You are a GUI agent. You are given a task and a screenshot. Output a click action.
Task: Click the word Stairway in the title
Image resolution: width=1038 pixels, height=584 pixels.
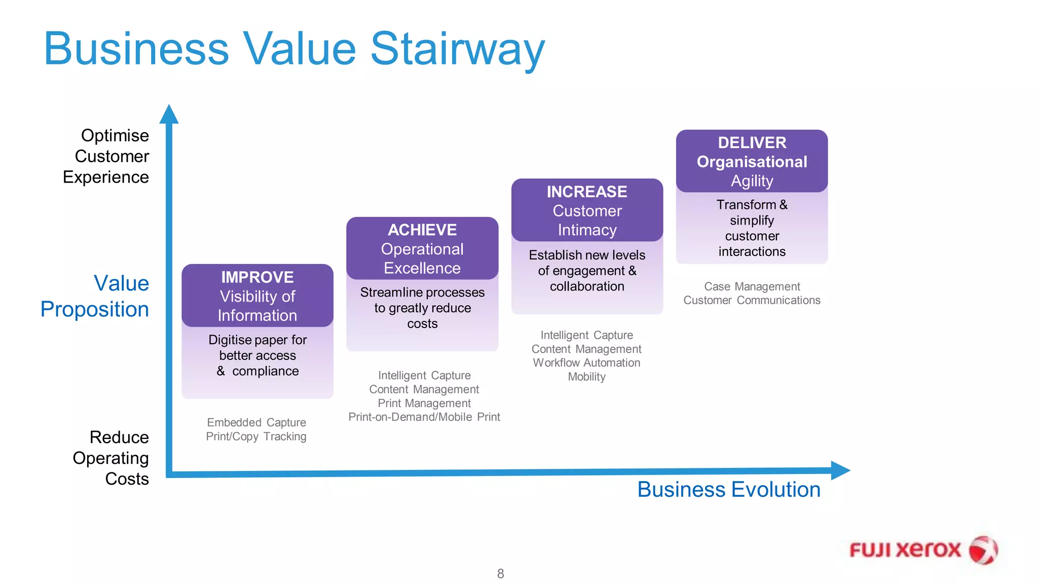click(457, 49)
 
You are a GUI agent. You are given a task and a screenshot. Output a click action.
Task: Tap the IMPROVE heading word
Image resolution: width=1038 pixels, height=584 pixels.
click(257, 277)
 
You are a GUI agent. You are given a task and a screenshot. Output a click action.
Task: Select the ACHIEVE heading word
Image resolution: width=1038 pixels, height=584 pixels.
click(422, 230)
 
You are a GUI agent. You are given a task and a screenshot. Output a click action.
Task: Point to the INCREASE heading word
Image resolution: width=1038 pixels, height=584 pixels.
click(586, 192)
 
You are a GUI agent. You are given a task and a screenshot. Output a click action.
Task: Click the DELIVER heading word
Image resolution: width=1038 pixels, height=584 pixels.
click(752, 143)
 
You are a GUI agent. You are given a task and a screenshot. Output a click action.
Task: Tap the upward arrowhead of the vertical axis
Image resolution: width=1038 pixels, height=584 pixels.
click(169, 115)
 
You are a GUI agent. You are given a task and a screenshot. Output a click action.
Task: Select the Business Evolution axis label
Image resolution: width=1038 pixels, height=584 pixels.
click(728, 490)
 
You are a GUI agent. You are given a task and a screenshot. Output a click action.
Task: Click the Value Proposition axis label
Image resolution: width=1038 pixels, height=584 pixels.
click(95, 296)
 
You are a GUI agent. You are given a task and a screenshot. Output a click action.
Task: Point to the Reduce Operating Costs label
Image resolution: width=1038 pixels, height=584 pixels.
click(112, 458)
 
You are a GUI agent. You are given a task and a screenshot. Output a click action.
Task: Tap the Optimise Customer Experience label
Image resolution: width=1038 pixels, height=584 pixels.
click(106, 156)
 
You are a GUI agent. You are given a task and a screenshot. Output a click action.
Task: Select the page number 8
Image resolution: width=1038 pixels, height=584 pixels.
click(500, 573)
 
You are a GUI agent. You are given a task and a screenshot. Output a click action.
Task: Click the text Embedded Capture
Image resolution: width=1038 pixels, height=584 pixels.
click(256, 422)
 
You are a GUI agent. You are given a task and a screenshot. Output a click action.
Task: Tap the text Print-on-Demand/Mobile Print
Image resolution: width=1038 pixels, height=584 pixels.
click(424, 417)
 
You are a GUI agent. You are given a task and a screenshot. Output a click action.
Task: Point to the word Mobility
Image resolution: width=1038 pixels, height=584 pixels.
click(586, 377)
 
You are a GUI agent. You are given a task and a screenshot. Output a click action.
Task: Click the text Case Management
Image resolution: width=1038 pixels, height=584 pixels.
click(752, 286)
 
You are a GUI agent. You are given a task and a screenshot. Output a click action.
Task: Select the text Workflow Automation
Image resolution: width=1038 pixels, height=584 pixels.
click(586, 363)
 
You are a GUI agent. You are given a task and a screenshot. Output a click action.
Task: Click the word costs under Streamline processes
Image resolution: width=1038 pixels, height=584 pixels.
click(422, 324)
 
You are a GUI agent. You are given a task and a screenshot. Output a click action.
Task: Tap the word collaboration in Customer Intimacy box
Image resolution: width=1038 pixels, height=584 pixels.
click(587, 286)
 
